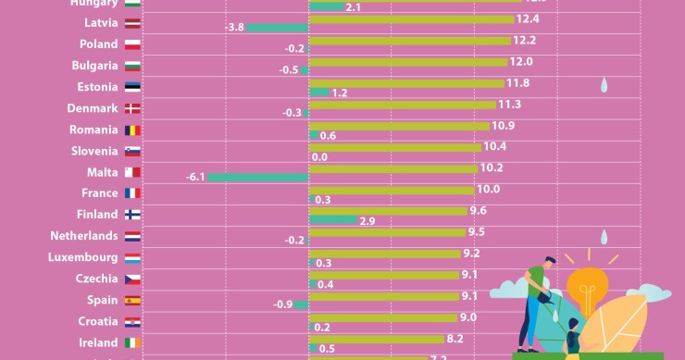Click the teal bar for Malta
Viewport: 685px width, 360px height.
coord(257,178)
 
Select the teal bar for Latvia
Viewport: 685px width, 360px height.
coord(277,28)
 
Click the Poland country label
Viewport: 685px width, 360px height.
coord(98,44)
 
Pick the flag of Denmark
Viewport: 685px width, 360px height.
coord(133,108)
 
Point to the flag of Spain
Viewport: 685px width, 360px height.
coord(133,300)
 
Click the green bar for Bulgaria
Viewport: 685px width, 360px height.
coord(406,61)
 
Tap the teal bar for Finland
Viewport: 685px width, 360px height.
coord(332,220)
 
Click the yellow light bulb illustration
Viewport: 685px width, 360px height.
coord(588,292)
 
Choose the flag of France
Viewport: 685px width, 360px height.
coord(133,193)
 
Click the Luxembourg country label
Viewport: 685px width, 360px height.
coord(82,257)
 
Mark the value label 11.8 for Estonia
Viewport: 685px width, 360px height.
coord(518,82)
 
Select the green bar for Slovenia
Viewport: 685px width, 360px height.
coord(394,146)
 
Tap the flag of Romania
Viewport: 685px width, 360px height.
coord(133,130)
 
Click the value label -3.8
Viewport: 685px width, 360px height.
coord(234,28)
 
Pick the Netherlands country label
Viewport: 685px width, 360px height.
coord(83,236)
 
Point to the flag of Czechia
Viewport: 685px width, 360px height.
coord(133,279)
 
